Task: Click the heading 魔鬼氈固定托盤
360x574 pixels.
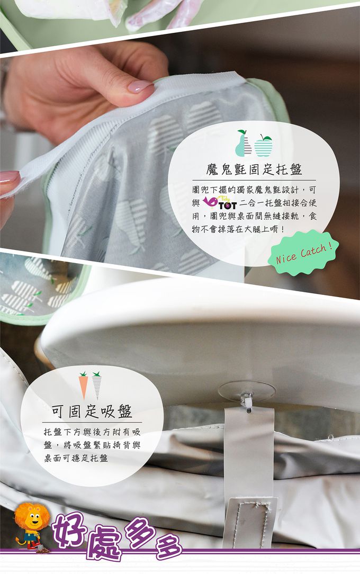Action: point(254,169)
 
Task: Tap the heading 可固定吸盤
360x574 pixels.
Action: point(92,411)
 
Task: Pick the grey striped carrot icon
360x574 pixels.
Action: point(97,385)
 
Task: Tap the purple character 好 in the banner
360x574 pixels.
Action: point(70,529)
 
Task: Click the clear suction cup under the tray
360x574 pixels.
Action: point(246,392)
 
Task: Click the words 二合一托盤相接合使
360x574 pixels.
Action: point(278,202)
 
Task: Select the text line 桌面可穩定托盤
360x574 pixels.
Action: point(76,458)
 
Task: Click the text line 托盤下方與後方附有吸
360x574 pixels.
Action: point(92,432)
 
